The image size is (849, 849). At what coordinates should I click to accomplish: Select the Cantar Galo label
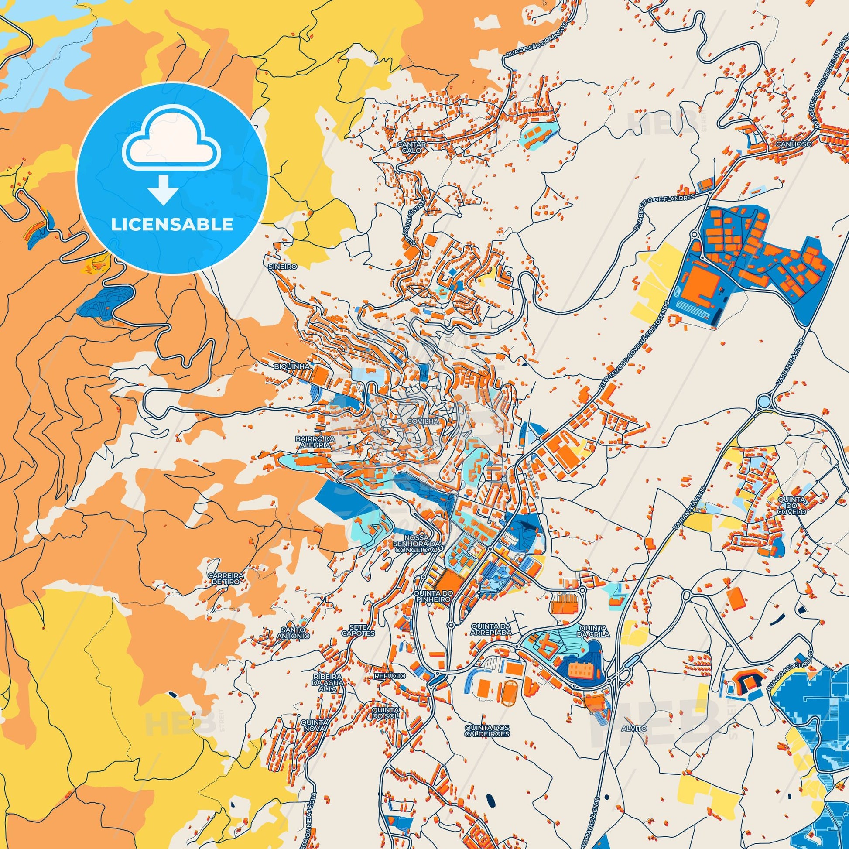point(411,147)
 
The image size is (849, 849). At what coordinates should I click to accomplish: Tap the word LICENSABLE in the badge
point(172,225)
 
